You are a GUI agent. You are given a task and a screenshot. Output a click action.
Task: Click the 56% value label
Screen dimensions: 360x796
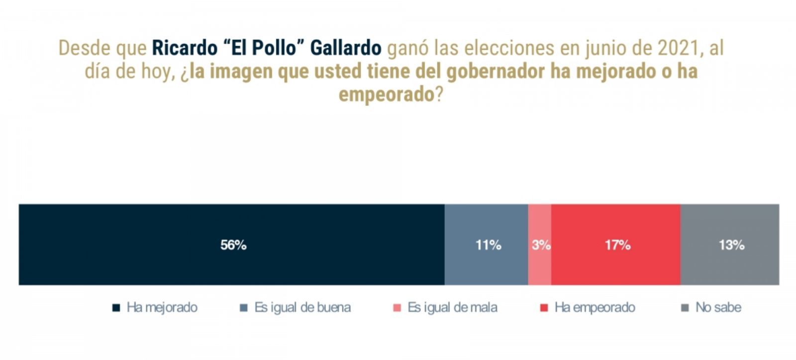(233, 245)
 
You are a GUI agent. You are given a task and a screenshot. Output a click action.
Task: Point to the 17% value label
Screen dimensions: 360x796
(617, 245)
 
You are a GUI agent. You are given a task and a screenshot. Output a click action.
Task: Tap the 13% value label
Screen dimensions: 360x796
(731, 245)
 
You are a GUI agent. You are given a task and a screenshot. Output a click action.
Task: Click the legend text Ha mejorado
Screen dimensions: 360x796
(162, 307)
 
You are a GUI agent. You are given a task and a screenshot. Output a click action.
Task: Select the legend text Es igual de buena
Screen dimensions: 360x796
(302, 307)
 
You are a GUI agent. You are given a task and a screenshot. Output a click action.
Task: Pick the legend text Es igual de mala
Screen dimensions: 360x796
(452, 307)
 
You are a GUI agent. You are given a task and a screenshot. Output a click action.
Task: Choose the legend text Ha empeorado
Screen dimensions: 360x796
(595, 307)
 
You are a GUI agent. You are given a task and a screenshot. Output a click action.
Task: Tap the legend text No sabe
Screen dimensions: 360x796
(718, 307)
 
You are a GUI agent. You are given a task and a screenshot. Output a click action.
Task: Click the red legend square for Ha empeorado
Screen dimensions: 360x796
(544, 308)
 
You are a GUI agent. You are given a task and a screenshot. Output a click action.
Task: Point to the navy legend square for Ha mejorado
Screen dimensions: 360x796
(116, 308)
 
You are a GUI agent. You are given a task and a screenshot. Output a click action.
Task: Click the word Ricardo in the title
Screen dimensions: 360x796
(185, 48)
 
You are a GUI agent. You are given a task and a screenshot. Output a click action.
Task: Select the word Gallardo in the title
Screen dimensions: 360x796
(346, 48)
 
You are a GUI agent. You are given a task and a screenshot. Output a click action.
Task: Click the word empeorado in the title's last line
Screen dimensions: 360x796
(387, 94)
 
